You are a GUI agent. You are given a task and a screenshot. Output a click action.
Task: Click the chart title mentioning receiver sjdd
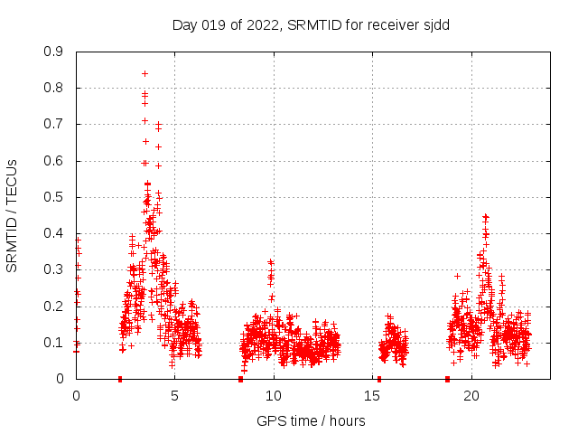[x=311, y=24]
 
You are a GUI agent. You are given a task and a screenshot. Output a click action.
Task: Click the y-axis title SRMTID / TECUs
[x=12, y=215]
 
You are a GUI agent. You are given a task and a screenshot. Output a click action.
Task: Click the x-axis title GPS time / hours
[x=311, y=420]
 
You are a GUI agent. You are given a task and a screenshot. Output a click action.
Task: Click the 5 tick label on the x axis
[x=174, y=396]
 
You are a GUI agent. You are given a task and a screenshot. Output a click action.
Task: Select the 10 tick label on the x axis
[x=274, y=396]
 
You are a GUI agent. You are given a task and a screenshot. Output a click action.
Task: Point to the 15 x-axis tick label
[x=373, y=396]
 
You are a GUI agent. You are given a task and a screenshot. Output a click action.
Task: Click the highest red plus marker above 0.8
[x=144, y=73]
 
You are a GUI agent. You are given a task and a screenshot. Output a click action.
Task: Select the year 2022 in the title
[x=261, y=24]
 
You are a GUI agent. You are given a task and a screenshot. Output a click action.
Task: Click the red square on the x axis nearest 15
[x=379, y=379]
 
